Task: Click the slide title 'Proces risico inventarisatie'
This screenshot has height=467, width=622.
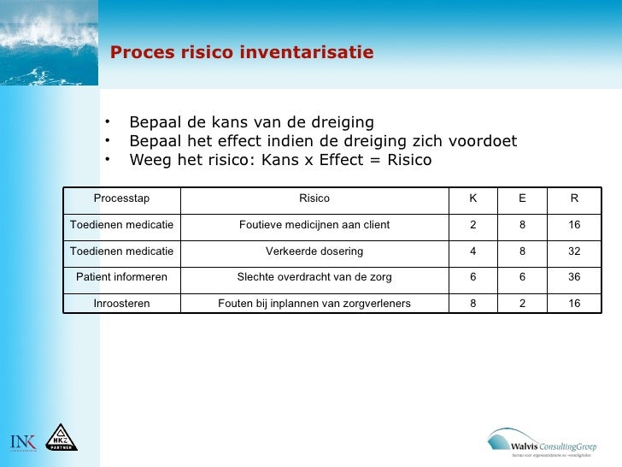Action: [242, 53]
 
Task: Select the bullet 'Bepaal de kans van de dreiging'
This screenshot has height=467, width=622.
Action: [251, 121]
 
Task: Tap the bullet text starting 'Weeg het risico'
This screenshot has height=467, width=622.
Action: [280, 160]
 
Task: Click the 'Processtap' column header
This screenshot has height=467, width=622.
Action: [121, 198]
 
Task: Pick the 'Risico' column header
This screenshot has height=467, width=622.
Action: [314, 198]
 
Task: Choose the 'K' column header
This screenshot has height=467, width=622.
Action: [473, 198]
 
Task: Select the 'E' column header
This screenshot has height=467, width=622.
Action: [522, 198]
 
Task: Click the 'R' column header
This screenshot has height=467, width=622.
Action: [574, 198]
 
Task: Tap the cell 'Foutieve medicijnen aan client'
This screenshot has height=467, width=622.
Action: [314, 225]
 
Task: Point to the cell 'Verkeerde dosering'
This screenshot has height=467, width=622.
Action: [314, 251]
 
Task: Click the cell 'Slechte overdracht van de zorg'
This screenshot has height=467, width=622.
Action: [314, 277]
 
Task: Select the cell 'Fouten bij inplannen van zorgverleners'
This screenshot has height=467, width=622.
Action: [314, 304]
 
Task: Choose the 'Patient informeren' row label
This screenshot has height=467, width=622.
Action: [121, 277]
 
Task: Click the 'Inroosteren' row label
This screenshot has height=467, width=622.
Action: [121, 304]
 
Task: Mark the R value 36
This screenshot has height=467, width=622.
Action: [574, 277]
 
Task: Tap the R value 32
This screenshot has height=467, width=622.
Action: [574, 251]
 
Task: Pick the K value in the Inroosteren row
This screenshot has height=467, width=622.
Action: [473, 304]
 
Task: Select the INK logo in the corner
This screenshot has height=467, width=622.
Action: [22, 441]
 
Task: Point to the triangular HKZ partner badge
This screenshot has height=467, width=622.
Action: [61, 438]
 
